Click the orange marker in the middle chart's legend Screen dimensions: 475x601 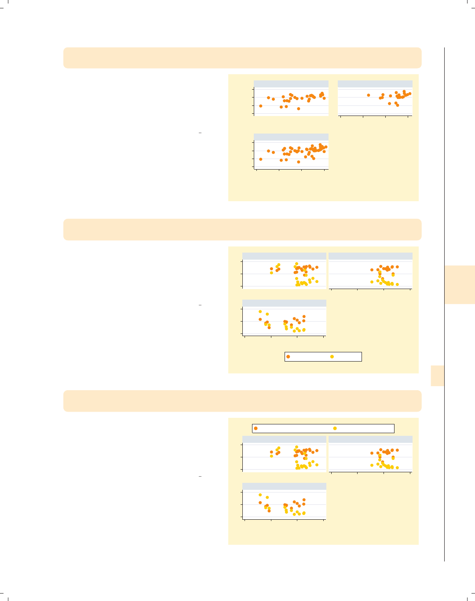[288, 357]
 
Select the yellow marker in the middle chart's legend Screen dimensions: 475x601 [332, 357]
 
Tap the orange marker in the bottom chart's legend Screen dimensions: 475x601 [256, 428]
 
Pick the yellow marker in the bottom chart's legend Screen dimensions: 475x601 [335, 428]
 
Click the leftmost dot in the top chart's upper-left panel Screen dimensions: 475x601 [261, 106]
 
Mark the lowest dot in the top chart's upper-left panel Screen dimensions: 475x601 [298, 109]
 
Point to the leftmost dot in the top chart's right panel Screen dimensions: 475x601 [369, 95]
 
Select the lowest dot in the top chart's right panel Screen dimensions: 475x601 [398, 105]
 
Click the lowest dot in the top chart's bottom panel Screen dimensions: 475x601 [298, 162]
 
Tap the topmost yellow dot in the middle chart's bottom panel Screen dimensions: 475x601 [260, 311]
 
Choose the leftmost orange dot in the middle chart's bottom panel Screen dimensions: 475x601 [260, 319]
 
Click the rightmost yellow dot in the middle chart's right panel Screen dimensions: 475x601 [397, 284]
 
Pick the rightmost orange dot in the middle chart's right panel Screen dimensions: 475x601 [397, 267]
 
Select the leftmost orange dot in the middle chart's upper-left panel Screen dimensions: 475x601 [271, 269]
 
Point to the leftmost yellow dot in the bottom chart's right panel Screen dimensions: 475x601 [372, 465]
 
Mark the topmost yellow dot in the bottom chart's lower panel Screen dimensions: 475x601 [260, 495]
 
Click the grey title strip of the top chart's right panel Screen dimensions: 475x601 [375, 84]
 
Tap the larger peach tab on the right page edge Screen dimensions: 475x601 [460, 285]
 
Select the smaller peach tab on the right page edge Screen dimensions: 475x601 [437, 376]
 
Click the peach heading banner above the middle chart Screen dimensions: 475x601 [242, 229]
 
